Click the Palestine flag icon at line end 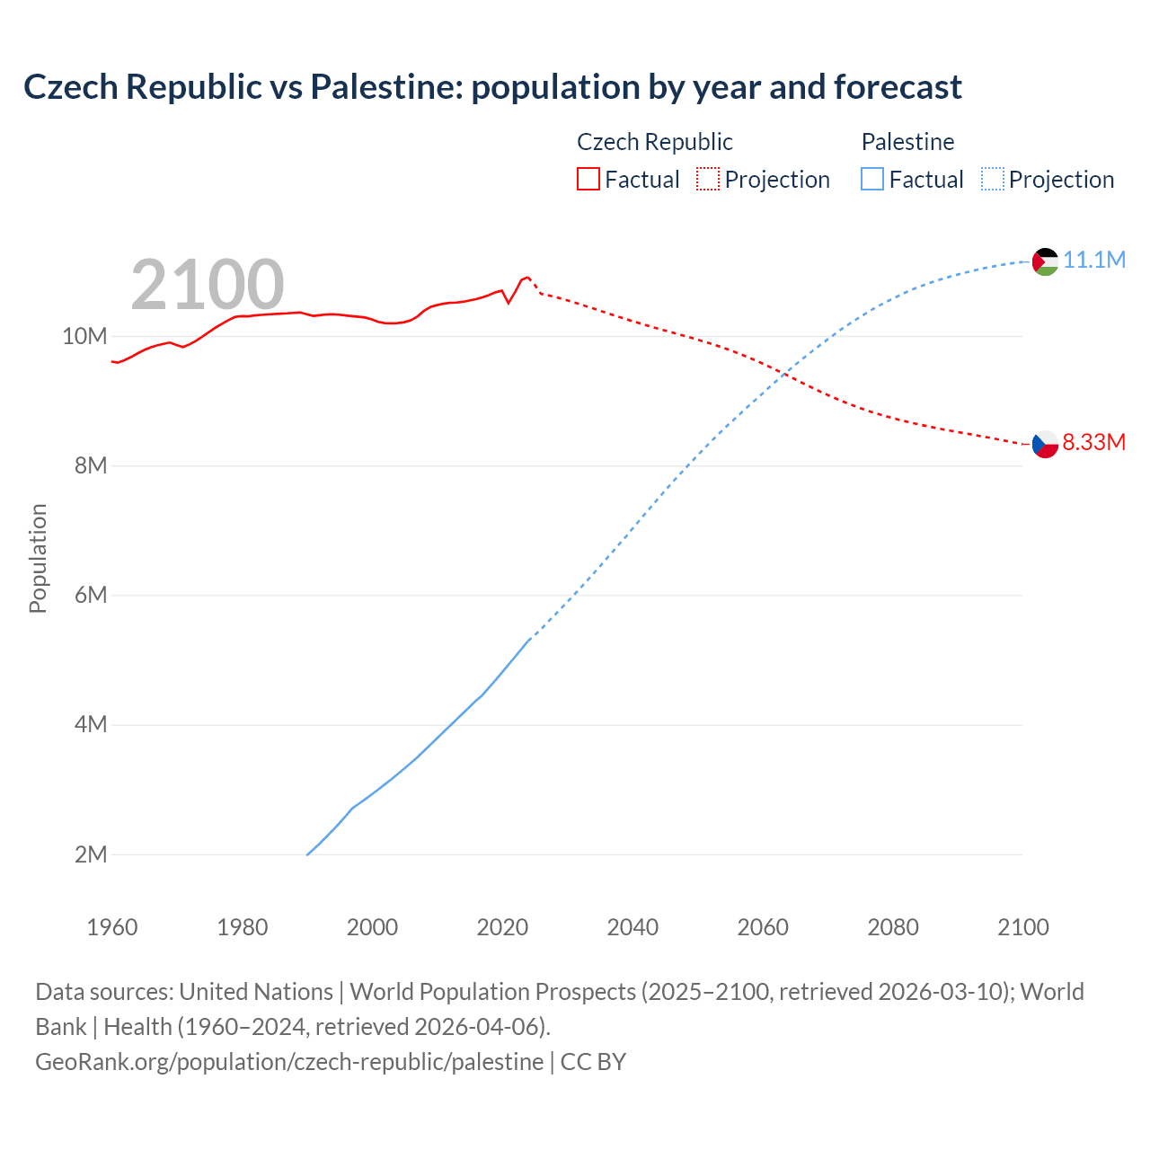(1045, 261)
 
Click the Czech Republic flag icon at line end (1045, 444)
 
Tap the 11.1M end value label (1094, 260)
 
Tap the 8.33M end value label (1093, 442)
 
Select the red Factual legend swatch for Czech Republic (588, 180)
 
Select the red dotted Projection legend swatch (708, 180)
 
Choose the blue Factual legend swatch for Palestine (871, 180)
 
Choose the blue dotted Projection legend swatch (993, 180)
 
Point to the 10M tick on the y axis (84, 336)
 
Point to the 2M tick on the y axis (90, 854)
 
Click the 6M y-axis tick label (90, 595)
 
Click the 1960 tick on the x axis (112, 927)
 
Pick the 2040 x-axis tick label (632, 927)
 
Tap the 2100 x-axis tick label (1023, 927)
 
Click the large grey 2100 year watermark (208, 285)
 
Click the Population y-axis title (38, 558)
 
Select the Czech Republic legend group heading (654, 142)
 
